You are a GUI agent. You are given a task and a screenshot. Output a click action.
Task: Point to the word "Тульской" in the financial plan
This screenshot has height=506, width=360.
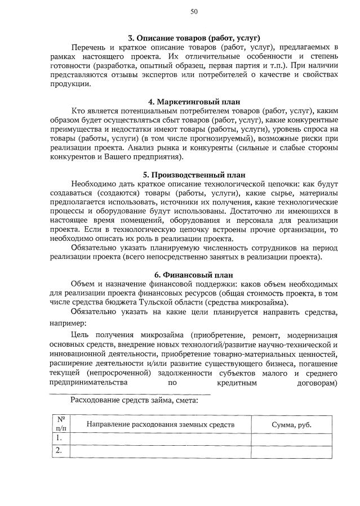coord(152,302)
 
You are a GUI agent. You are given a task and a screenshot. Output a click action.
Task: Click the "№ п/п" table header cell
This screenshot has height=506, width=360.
coord(61,424)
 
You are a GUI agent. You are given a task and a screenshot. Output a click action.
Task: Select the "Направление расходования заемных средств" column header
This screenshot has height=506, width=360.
coord(161,424)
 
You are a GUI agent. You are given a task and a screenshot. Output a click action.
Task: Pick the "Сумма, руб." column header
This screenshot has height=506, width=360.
coord(291,424)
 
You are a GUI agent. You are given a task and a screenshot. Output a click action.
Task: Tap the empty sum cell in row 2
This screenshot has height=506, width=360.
coord(291,450)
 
